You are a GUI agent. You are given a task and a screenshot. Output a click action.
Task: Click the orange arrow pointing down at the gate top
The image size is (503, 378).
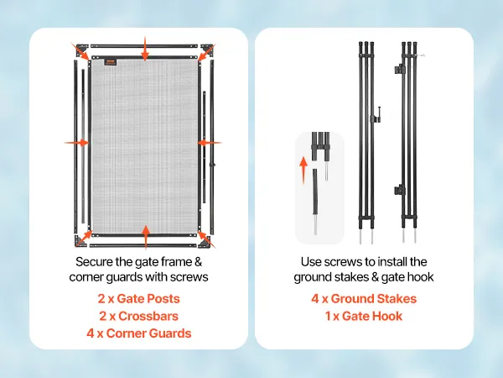coord(145,49)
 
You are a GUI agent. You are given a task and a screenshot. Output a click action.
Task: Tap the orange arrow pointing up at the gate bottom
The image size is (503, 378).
coord(146,237)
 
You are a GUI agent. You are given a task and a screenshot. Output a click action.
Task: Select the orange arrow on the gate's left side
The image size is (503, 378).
coord(76,143)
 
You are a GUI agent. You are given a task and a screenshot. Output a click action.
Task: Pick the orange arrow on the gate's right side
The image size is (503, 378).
coord(209,143)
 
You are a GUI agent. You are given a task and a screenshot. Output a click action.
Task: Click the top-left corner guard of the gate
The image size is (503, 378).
coord(80,50)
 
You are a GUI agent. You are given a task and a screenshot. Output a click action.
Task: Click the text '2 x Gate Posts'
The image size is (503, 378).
coord(138,298)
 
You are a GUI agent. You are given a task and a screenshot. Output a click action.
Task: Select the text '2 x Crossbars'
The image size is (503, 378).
coord(138,316)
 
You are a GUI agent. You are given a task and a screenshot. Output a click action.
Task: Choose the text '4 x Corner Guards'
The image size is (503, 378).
coord(138,333)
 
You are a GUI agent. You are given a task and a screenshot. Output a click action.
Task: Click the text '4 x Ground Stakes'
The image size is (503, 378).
coord(364,298)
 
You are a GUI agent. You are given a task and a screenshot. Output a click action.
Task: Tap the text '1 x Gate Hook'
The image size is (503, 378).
coord(364,316)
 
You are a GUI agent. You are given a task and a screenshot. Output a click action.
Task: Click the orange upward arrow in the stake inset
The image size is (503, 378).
coord(303,170)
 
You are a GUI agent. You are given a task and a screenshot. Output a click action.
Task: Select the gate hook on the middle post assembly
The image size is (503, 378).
coord(377,115)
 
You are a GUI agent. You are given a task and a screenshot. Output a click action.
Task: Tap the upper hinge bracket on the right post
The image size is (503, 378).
coord(400,69)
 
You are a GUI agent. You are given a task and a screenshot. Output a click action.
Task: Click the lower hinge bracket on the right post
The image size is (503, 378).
coord(400,191)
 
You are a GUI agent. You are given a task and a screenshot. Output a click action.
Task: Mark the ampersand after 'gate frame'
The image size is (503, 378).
coord(198,262)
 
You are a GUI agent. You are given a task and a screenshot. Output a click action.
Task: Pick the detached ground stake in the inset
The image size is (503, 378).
coord(315,202)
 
